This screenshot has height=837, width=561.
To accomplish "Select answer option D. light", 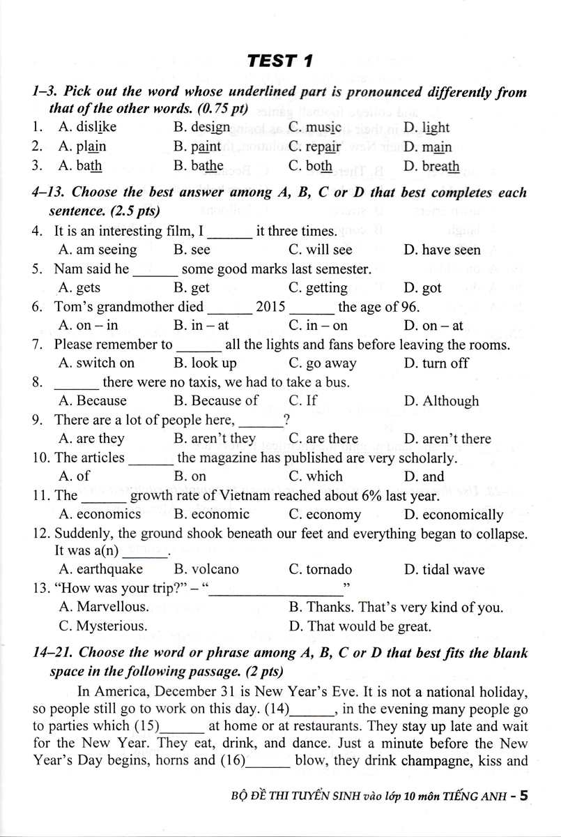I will point(426,128).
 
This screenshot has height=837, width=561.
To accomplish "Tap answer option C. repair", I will point(314,147).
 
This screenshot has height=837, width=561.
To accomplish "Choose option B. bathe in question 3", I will point(199,166).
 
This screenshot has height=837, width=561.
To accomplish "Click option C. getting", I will point(317,287).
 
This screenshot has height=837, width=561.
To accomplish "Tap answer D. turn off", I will point(436,363).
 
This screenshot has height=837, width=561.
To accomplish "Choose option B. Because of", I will point(215,401).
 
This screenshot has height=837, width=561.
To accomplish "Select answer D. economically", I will point(453,515).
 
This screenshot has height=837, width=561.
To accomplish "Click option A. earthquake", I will point(101,570).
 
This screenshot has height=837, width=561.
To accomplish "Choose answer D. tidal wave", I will point(444,570).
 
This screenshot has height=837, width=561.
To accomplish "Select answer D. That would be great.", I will point(360,626).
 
